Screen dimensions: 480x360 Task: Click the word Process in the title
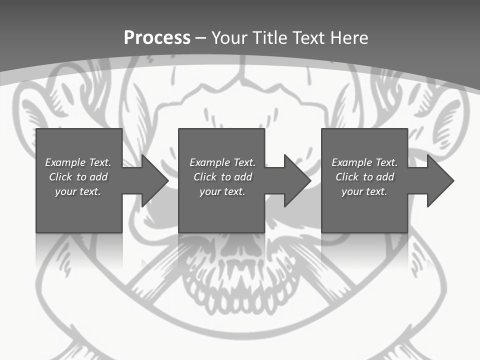coord(157,38)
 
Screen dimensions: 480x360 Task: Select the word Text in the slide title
coord(310,38)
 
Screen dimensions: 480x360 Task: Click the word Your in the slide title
coord(230,38)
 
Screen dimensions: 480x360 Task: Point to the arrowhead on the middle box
coord(296,180)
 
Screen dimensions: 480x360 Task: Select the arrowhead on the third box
coord(439,180)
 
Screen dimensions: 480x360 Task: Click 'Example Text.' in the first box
coord(78,162)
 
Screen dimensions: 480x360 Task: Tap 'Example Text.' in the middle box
coord(222,162)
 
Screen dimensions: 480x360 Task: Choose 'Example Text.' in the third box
coord(364,162)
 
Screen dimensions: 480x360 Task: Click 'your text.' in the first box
coord(78,191)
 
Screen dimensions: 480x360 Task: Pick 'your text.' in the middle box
coord(222,191)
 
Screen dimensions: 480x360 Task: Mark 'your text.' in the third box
coord(364,191)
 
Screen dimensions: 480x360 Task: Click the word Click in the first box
coord(60,177)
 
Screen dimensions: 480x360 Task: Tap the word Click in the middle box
coord(204,177)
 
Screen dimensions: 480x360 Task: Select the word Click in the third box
coord(346,177)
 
